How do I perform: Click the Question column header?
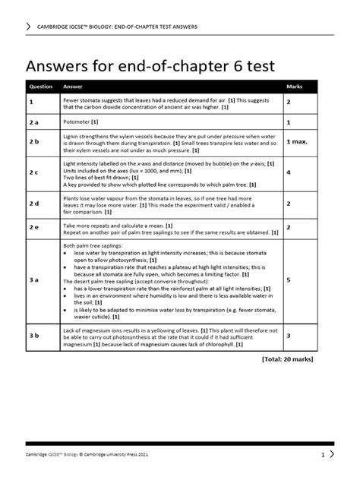click(x=40, y=87)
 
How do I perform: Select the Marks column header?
click(x=295, y=87)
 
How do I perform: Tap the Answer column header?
click(x=73, y=87)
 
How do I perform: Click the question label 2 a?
click(x=33, y=122)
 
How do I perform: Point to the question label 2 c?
click(x=33, y=173)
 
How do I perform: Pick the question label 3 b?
click(x=33, y=334)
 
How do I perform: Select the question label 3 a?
click(x=33, y=280)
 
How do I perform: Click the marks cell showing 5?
click(x=289, y=280)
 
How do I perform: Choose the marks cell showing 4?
click(x=289, y=173)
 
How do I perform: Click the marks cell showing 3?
click(x=289, y=334)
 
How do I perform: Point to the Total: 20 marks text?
click(x=287, y=359)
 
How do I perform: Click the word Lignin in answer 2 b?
click(x=72, y=134)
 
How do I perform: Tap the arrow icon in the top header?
click(x=29, y=27)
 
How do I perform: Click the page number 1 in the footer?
click(x=322, y=454)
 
